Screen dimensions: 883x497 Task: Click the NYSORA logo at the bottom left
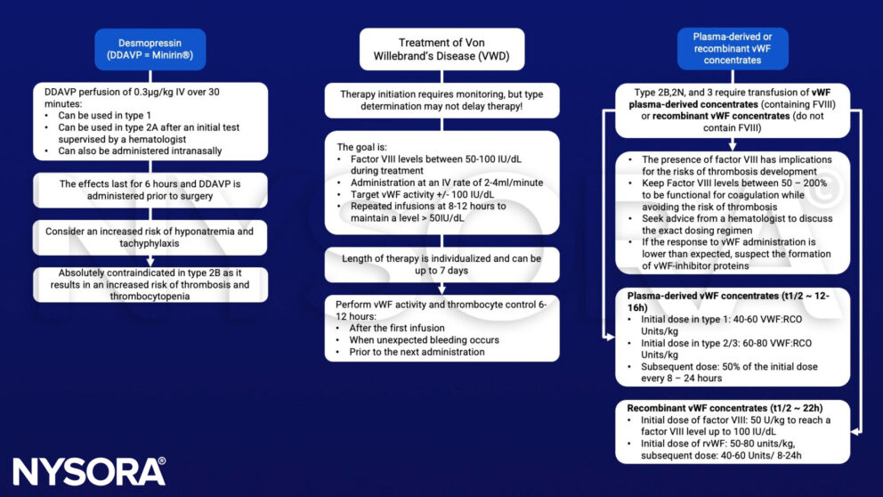(x=89, y=471)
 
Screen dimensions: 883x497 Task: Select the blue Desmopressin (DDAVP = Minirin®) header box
(x=150, y=49)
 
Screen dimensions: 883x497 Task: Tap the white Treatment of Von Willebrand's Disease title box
(x=441, y=49)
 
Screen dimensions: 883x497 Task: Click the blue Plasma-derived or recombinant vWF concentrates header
(x=732, y=48)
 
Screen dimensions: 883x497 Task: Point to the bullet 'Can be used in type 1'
(x=105, y=116)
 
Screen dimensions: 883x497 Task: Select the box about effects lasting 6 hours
(x=150, y=190)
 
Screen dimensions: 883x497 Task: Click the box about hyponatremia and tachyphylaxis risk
(x=150, y=237)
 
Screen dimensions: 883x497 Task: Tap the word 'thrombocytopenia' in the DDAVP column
(x=150, y=297)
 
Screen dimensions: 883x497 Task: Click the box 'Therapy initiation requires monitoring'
(x=442, y=101)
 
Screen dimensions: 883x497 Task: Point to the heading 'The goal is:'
(x=362, y=147)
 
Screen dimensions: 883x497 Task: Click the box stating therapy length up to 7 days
(x=442, y=265)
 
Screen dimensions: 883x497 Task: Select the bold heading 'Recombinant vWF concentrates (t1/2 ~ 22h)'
(x=725, y=408)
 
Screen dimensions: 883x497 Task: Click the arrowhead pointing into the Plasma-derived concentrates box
(x=610, y=337)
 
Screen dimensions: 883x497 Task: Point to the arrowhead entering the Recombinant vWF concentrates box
(x=856, y=432)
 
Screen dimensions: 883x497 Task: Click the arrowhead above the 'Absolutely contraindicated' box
(x=150, y=262)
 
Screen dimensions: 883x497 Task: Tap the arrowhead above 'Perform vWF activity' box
(x=442, y=289)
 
